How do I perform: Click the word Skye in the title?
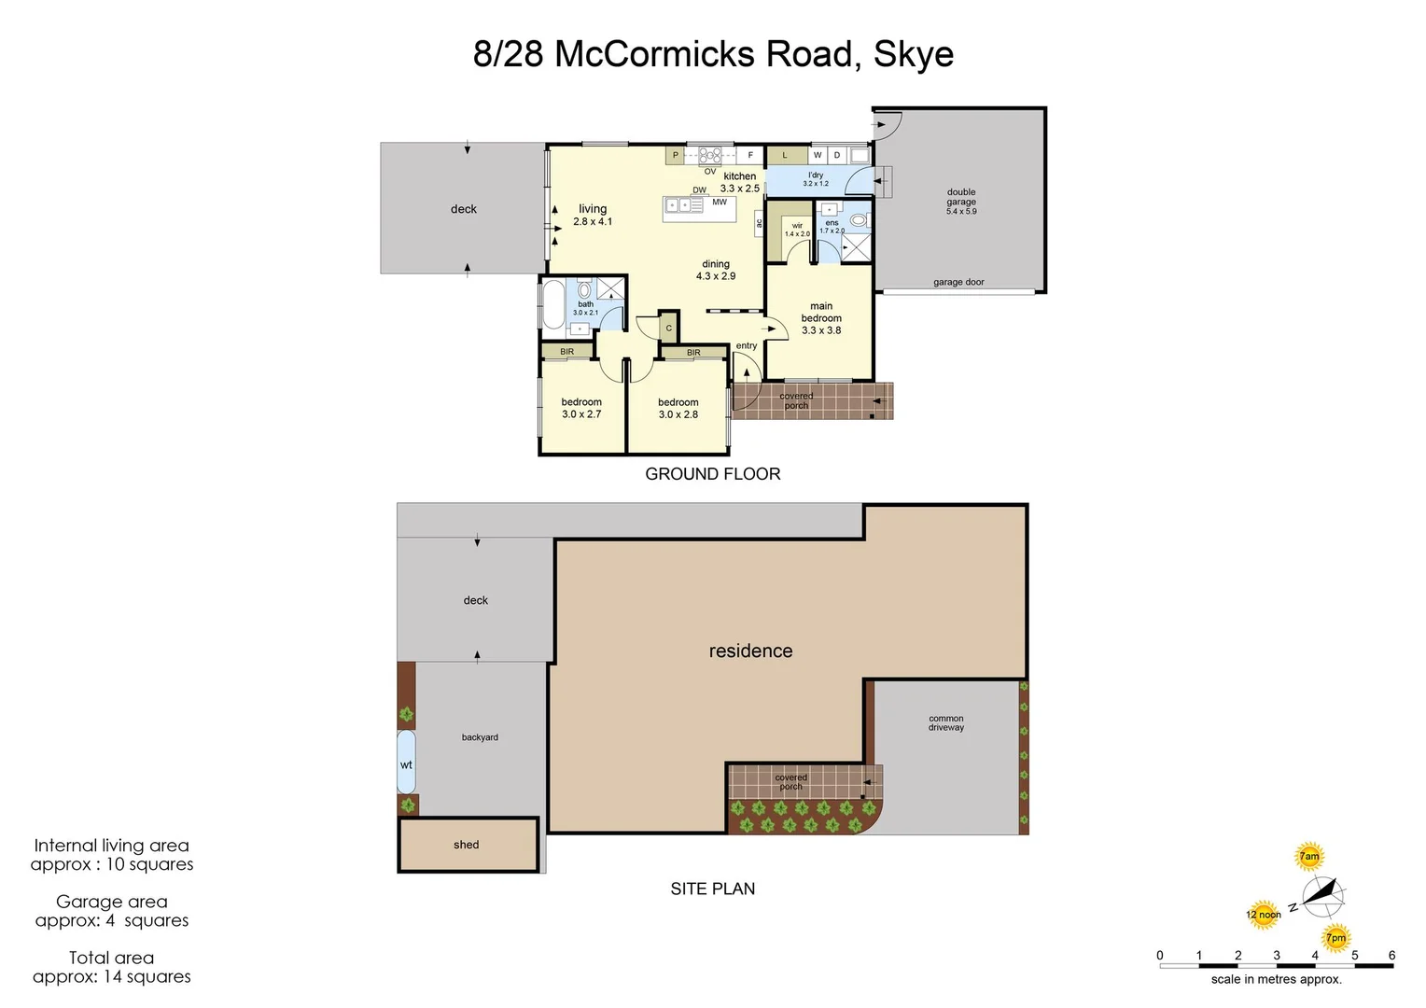(x=913, y=54)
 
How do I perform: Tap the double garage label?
(x=961, y=202)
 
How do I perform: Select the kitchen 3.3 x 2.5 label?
(x=739, y=182)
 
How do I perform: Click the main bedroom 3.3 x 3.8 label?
(x=821, y=318)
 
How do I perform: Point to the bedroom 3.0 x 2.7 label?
(x=581, y=408)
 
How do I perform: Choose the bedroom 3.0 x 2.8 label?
(x=678, y=408)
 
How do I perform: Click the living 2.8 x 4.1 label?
(x=593, y=215)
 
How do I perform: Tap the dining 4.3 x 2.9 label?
(x=716, y=270)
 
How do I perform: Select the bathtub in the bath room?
(x=552, y=304)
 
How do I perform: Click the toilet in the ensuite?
(x=859, y=221)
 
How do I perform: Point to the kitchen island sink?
(x=678, y=204)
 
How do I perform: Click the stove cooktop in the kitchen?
(x=710, y=156)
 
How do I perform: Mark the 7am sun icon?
(x=1309, y=856)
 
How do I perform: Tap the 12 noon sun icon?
(x=1263, y=915)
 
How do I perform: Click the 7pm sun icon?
(x=1336, y=938)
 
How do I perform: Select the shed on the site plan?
(x=468, y=845)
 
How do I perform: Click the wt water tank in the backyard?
(x=406, y=763)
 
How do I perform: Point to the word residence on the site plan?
(x=750, y=651)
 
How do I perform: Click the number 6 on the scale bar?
(x=1391, y=955)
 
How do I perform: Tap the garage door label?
(x=958, y=282)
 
